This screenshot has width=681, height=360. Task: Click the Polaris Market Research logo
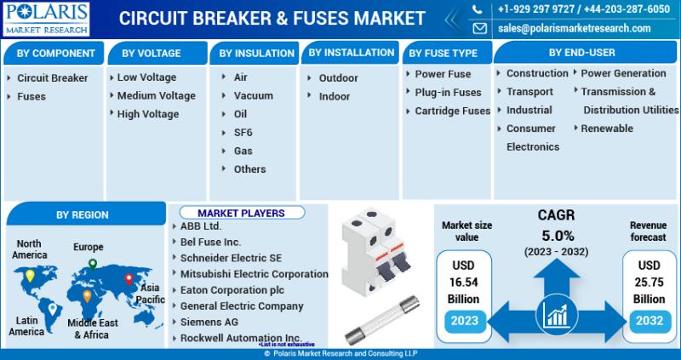point(46,19)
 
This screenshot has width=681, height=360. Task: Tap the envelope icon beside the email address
point(479,28)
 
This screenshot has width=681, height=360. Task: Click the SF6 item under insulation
point(243,133)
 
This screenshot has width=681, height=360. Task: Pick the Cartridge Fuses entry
point(453,111)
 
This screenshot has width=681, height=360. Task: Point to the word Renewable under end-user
point(607,129)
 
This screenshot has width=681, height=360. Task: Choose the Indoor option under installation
point(335,96)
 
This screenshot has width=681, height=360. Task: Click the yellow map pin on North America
point(30,276)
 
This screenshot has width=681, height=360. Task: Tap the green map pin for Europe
point(93,264)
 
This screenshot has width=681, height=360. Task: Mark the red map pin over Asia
point(129,279)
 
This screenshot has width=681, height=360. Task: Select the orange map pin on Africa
point(87,295)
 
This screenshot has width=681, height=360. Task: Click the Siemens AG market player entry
point(209,323)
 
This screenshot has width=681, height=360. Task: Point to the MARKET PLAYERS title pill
point(242,213)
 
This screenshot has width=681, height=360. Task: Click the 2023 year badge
point(464,321)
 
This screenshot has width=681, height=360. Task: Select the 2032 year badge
point(650,321)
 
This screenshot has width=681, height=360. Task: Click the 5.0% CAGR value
point(558,236)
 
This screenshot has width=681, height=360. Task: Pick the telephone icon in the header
point(478,9)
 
